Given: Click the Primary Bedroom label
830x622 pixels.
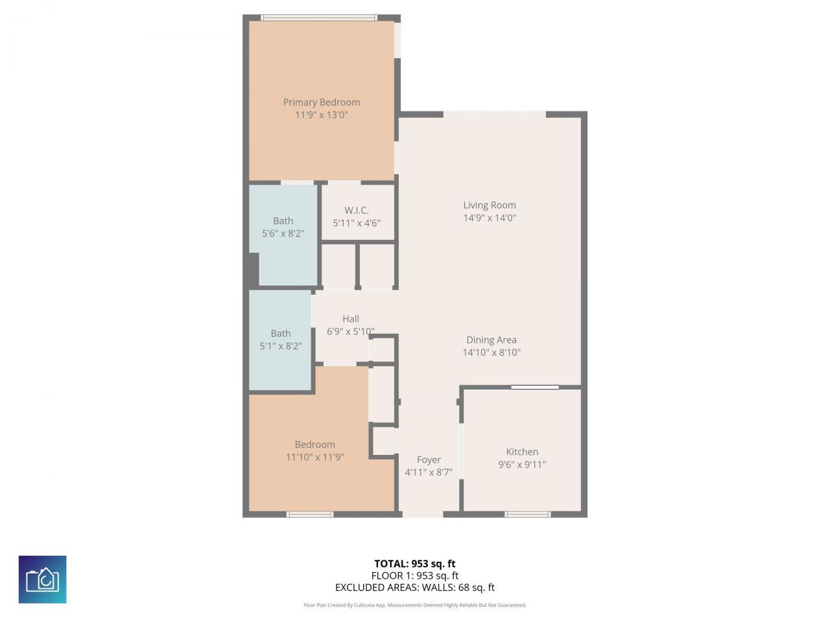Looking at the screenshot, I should (321, 102).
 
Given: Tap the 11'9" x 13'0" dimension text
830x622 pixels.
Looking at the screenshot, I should (321, 115).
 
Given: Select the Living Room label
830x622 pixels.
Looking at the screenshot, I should (490, 205).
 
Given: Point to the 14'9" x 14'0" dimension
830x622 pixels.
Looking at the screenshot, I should (490, 218).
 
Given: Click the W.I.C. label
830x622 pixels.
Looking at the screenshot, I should (356, 210).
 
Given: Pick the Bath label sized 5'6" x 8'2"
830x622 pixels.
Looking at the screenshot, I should (283, 220).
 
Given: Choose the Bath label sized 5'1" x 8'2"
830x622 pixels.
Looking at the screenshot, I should (280, 333).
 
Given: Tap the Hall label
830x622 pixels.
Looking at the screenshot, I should (351, 318).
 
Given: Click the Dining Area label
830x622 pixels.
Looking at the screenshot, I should (492, 340).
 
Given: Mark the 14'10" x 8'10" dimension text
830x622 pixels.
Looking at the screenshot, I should (492, 352).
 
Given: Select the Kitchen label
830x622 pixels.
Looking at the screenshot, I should (522, 452).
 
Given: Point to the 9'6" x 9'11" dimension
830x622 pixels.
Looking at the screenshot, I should (522, 465).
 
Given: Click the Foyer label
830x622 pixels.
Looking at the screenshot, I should (429, 459).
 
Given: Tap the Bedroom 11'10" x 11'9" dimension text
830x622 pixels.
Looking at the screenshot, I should (314, 457).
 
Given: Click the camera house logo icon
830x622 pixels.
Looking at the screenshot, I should (42, 579).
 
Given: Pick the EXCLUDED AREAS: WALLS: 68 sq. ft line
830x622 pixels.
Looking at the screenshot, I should (414, 588).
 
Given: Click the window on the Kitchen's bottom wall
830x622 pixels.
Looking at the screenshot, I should (527, 514).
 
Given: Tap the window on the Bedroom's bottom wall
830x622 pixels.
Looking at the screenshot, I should (310, 514).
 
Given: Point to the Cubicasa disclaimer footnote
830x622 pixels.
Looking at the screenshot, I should (414, 605).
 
